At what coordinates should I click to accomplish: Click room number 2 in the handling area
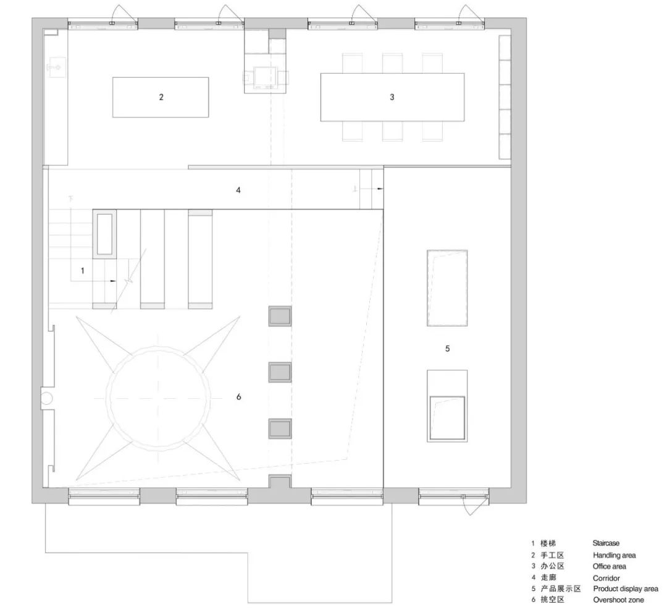[161, 97]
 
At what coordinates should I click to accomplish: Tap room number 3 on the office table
[392, 97]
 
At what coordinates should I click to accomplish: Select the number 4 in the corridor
[238, 190]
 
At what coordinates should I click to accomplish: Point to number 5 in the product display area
[448, 349]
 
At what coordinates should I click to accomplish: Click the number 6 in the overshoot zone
[238, 396]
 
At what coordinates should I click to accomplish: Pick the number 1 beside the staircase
[83, 270]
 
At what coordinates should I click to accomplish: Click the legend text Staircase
[606, 543]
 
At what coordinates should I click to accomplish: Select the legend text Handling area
[615, 555]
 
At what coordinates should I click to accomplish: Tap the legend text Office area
[609, 566]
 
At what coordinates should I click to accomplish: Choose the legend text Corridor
[606, 578]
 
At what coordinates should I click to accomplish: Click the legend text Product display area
[625, 589]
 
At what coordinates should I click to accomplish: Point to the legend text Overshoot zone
[618, 600]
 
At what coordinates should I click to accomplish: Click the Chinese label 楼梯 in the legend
[548, 543]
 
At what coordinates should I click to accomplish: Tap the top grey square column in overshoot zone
[280, 316]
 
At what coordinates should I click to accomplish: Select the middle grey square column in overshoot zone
[280, 372]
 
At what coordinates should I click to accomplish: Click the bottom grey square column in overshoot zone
[280, 428]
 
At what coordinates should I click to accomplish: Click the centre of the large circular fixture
[159, 399]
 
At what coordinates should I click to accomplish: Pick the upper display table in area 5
[447, 288]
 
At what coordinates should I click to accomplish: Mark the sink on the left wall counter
[56, 67]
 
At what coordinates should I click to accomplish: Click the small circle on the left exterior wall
[46, 398]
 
